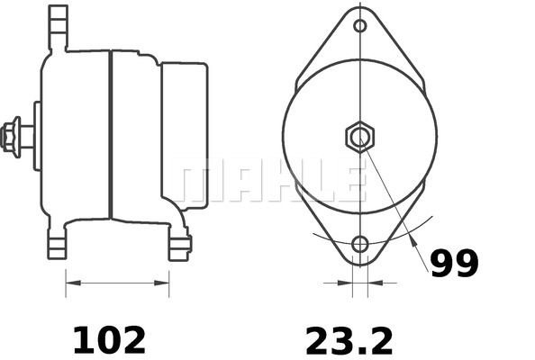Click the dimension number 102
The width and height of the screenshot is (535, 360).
point(108,340)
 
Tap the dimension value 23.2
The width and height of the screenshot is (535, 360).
point(349,340)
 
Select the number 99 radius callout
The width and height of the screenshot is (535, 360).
point(453,264)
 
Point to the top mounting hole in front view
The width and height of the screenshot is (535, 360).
point(360,25)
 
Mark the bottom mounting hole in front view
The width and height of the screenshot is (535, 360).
point(360,244)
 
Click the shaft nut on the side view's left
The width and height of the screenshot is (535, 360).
point(14,134)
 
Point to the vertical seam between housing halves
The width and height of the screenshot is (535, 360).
point(110,135)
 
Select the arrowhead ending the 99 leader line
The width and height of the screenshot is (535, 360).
point(413,240)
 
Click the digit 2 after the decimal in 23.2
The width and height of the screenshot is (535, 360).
point(381,340)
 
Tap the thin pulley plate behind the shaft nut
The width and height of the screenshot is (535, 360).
point(37,135)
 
